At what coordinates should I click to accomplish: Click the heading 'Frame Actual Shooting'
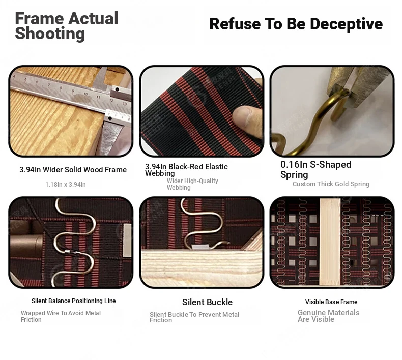(x=67, y=26)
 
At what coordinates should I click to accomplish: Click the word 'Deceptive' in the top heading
(x=346, y=24)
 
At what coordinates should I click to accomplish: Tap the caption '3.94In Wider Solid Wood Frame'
(x=73, y=170)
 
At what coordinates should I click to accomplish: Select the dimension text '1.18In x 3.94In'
(x=66, y=184)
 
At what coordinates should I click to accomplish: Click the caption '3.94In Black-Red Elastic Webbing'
(x=186, y=170)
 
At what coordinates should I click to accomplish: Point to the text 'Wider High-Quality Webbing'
(x=192, y=184)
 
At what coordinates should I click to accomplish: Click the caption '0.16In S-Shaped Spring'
(x=316, y=169)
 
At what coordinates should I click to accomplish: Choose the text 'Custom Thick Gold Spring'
(x=331, y=184)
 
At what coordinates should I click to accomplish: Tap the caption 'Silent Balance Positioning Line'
(x=74, y=301)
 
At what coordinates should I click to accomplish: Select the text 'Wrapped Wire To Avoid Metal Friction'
(x=61, y=316)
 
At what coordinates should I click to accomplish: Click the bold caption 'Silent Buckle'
(x=208, y=302)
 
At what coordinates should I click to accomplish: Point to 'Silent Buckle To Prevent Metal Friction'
(x=194, y=317)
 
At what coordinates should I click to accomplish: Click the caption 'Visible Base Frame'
(x=331, y=302)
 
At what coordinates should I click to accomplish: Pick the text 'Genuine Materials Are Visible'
(x=328, y=316)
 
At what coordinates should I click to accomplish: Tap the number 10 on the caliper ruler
(x=85, y=94)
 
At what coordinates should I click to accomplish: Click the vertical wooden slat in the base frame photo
(x=330, y=242)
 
